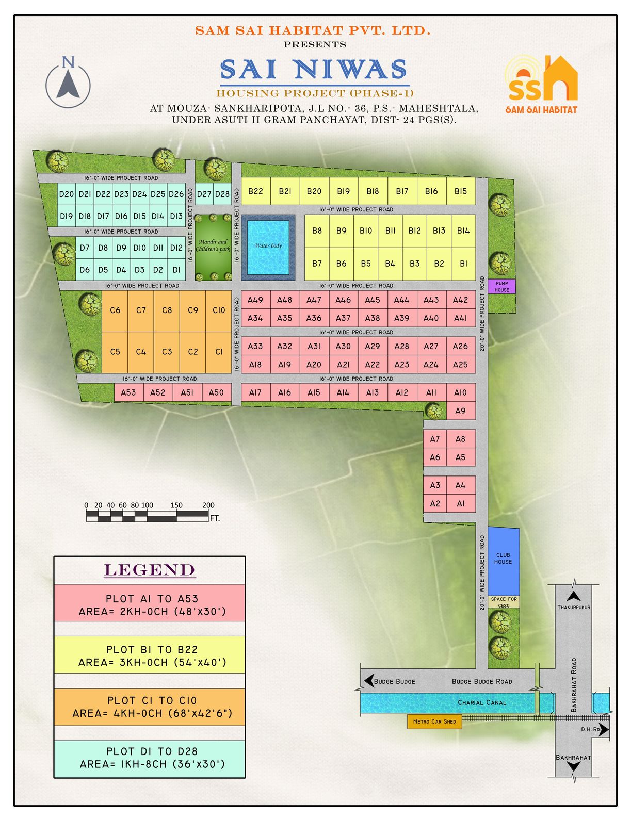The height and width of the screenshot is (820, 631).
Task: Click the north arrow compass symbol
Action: pos(68,83)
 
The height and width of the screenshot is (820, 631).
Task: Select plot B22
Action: pos(255,191)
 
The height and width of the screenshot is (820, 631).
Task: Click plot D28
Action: pos(222,194)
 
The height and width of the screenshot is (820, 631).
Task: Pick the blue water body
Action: pos(268,248)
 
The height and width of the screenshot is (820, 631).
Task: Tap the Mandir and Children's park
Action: pos(213,247)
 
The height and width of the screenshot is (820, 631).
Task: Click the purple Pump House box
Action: pos(501,287)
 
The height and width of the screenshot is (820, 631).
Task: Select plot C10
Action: pos(219,310)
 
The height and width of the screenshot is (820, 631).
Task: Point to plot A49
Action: pos(255,300)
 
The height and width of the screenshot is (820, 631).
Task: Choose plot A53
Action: pos(128,392)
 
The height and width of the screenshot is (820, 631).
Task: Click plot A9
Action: pos(460,411)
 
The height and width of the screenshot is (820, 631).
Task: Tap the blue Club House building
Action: pos(503,560)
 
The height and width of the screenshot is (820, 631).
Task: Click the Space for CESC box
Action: pos(504,602)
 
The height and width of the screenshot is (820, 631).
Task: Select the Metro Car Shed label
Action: pos(434,721)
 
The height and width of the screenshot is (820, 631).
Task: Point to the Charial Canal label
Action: pos(482,702)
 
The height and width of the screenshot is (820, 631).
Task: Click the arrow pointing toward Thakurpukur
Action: pos(573,596)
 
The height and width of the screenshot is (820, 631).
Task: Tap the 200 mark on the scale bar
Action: pos(208,505)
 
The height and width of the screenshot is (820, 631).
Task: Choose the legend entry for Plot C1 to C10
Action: pos(150,707)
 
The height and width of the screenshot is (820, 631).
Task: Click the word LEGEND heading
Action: pos(150,570)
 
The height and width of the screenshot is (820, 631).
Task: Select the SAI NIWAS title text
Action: pos(314,70)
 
